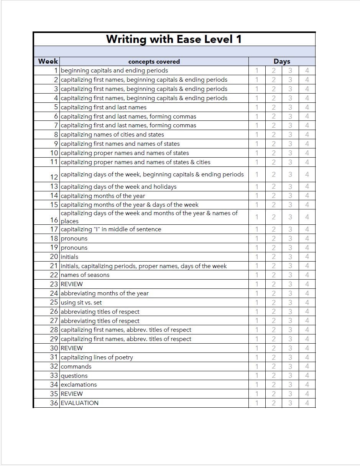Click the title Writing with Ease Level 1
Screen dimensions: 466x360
point(174,40)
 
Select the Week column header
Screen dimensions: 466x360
point(48,61)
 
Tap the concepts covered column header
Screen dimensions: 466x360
point(154,61)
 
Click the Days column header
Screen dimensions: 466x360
point(282,61)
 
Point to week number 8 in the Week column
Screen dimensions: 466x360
point(56,135)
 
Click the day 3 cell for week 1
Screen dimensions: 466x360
point(290,71)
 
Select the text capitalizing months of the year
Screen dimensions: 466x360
point(103,196)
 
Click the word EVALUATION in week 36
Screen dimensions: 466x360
point(79,403)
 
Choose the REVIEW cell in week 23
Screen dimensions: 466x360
point(72,284)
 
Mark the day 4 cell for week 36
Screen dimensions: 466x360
point(307,403)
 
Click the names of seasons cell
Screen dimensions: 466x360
point(85,275)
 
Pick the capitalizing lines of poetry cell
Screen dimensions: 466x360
point(97,357)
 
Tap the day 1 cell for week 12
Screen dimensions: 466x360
point(257,175)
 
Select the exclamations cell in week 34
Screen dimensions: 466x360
point(79,385)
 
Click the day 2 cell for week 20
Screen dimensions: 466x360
point(274,257)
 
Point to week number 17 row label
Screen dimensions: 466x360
point(54,229)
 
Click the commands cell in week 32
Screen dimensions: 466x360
point(76,367)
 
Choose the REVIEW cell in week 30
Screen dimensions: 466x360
point(72,348)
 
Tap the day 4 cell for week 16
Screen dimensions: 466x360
point(307,217)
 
